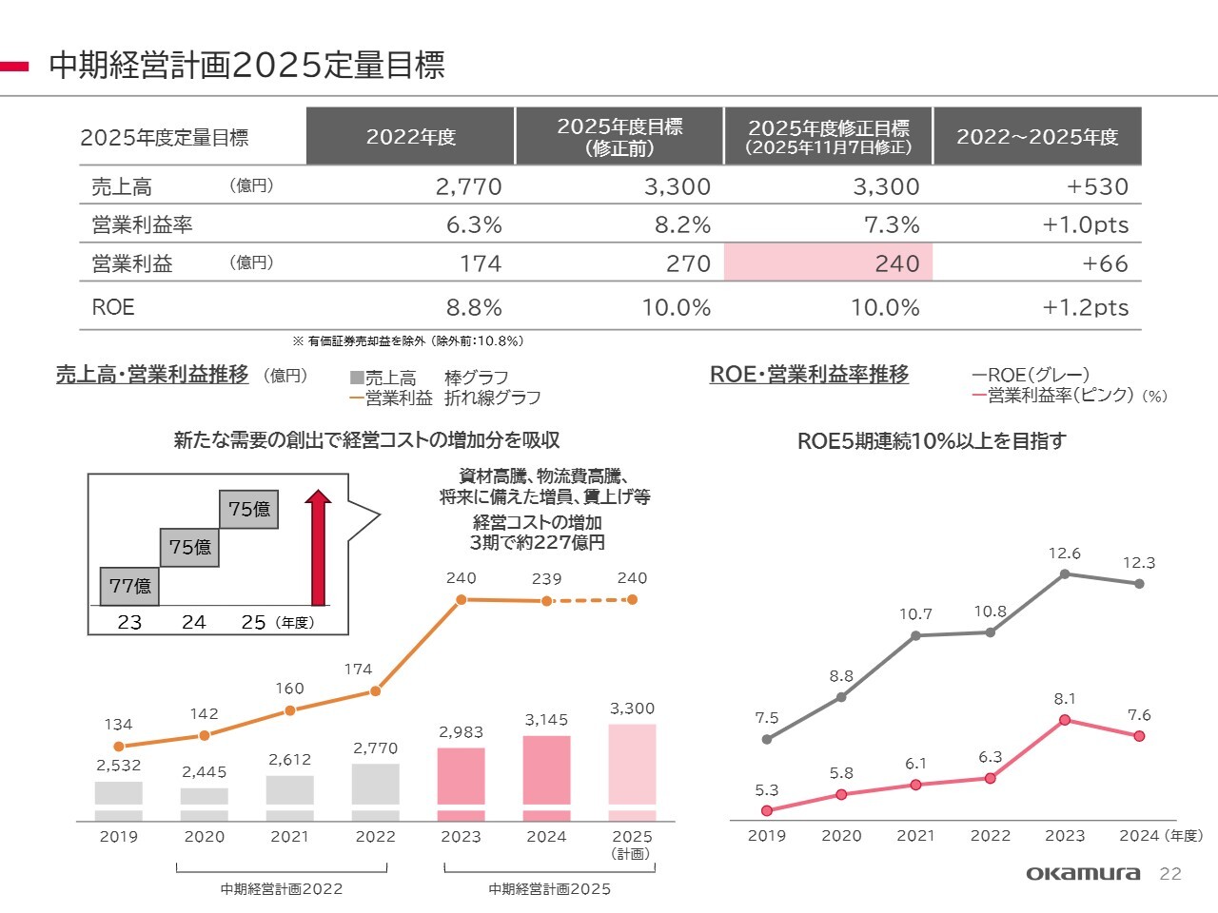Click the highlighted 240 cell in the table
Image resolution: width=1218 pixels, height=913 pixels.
[x=828, y=263]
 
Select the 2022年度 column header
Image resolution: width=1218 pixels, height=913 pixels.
[x=410, y=137]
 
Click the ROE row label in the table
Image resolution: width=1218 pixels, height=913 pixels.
[x=113, y=307]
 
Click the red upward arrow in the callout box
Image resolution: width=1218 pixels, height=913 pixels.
[x=318, y=548]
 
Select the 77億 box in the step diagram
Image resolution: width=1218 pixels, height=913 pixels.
[x=129, y=586]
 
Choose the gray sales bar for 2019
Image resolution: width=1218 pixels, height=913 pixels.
[x=119, y=800]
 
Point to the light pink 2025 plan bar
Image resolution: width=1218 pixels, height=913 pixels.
[x=632, y=771]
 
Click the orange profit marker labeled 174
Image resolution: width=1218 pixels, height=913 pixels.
[x=375, y=691]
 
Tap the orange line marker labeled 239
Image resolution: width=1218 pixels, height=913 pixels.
[x=546, y=601]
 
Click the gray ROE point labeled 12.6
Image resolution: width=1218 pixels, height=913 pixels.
[x=1065, y=573]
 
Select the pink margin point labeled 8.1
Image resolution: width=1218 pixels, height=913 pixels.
[x=1065, y=720]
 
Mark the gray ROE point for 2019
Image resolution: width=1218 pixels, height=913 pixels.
[x=767, y=739]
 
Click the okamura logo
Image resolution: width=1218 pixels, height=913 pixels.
[x=1083, y=873]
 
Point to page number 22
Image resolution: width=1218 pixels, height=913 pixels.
[x=1170, y=874]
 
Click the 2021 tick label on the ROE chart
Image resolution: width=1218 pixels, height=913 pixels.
[x=915, y=836]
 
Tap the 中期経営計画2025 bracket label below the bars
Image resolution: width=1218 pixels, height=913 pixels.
[x=549, y=889]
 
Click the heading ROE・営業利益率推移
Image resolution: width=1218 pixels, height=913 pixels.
[x=809, y=375]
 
